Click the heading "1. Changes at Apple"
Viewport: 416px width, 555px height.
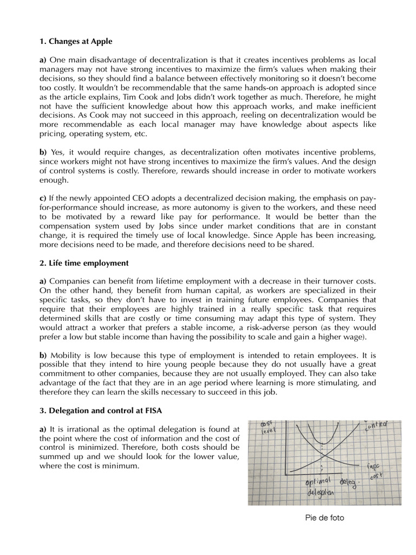[x=75, y=41]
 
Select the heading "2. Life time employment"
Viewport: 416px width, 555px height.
[x=84, y=263]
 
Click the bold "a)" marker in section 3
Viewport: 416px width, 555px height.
[x=43, y=430]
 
